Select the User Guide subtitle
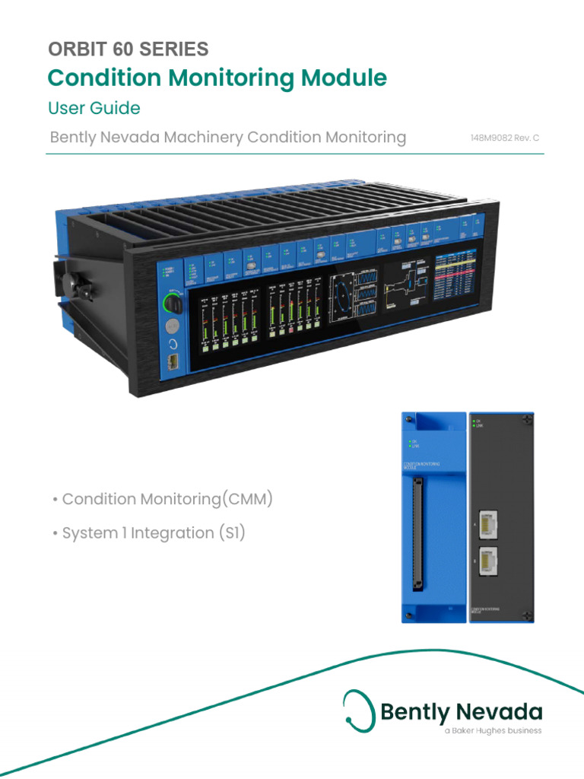point(94,108)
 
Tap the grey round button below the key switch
point(172,326)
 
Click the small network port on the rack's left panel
point(173,362)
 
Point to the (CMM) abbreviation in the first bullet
point(245,499)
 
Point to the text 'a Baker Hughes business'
point(493,731)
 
